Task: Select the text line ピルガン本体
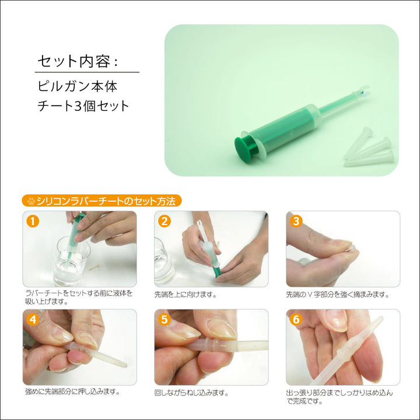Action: [77, 86]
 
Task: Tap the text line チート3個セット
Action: [83, 106]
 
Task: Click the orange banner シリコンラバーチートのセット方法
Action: [101, 201]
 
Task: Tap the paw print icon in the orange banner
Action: [31, 201]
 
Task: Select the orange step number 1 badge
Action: [33, 222]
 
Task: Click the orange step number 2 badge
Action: [164, 222]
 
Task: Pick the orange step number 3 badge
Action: [296, 222]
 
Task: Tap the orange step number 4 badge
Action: [33, 320]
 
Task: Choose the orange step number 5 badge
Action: [164, 320]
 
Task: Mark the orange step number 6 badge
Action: [296, 320]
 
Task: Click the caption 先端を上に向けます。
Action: [185, 295]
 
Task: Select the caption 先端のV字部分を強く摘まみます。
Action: [338, 295]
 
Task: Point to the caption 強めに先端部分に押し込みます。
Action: [72, 391]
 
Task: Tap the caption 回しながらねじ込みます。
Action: [191, 393]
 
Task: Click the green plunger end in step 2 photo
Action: [216, 271]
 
